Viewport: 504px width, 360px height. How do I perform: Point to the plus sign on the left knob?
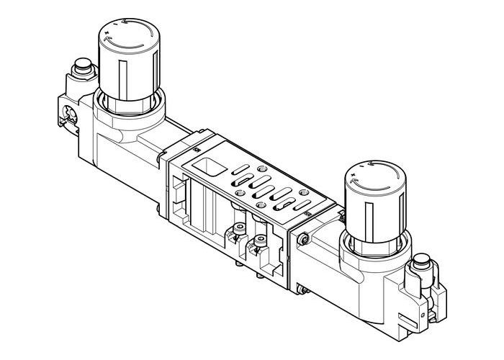coord(107,34)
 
